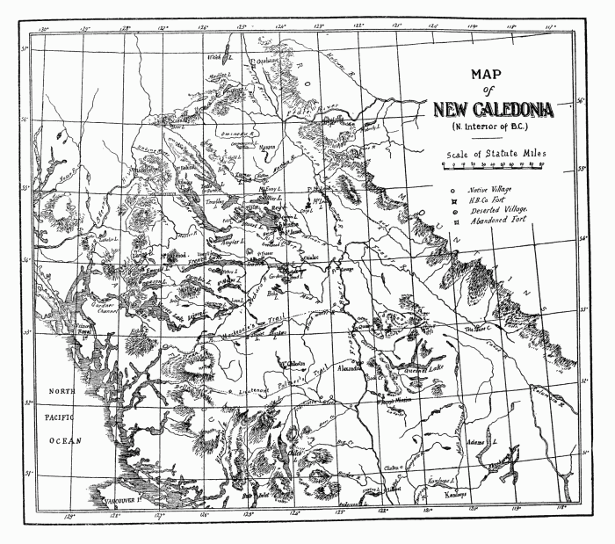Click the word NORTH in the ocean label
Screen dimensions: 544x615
62,391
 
